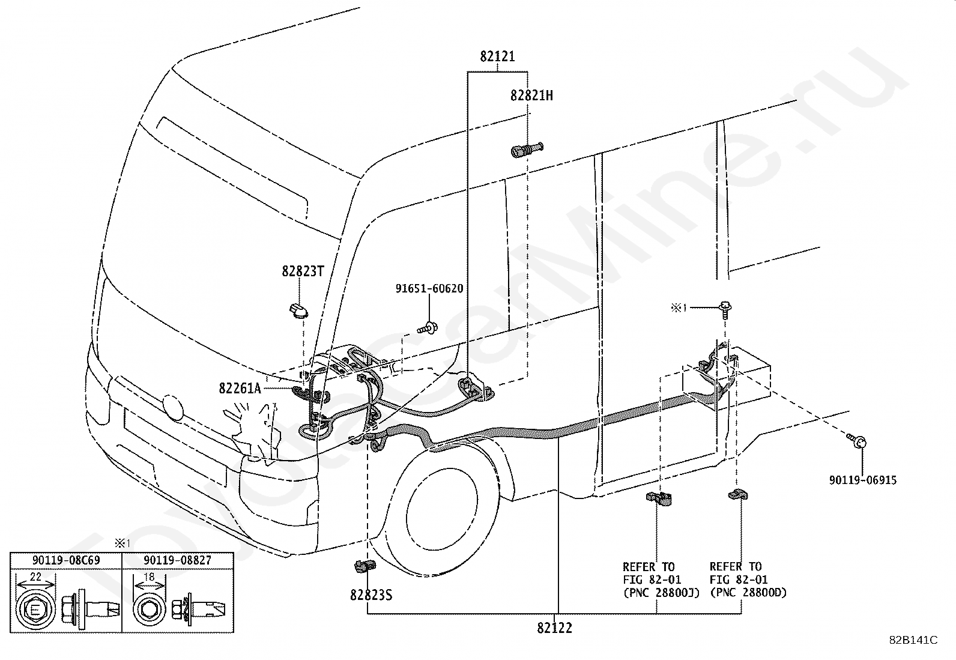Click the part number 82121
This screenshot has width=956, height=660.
pos(497,56)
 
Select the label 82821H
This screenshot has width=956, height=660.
pos(531,95)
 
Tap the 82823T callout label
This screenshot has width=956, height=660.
pos(303,271)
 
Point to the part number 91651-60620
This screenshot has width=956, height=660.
pos(429,289)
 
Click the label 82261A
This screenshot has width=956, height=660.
pos(240,388)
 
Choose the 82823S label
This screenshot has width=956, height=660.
pos(371,595)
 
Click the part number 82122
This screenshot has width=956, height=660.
pos(554,628)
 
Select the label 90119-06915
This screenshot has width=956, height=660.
pos(863,480)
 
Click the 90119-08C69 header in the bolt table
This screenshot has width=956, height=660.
pos(66,560)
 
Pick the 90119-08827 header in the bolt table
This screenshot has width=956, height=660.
pos(178,560)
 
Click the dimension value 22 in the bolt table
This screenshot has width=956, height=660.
pos(36,577)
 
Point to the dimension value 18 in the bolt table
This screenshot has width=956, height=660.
pos(148,577)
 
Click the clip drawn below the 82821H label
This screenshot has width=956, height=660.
pos(527,150)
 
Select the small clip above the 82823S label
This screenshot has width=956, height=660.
pos(365,566)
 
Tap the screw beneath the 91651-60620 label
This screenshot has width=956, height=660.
pos(428,328)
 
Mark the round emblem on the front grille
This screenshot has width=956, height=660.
pos(173,407)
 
